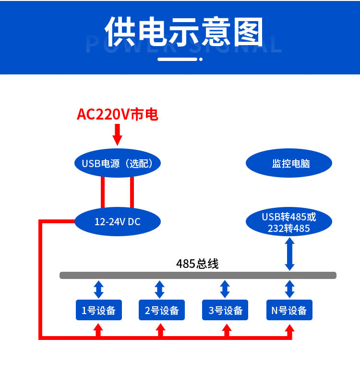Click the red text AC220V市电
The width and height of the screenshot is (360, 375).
118,114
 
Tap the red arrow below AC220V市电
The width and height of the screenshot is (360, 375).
117,134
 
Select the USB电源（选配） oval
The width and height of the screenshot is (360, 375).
117,163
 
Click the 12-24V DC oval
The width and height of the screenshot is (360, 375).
117,222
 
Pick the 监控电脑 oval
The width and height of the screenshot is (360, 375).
289,163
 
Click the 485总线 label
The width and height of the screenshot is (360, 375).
197,264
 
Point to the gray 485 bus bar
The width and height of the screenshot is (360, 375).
198,275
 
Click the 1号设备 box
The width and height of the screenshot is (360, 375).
98,310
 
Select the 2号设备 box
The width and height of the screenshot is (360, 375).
162,310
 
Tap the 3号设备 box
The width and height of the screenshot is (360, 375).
225,310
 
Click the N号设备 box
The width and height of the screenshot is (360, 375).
289,310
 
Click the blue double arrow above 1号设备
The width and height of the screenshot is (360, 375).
98,290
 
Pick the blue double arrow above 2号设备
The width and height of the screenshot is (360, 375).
160,290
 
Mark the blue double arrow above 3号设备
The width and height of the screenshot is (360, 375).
225,290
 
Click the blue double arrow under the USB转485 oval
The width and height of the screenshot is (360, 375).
289,254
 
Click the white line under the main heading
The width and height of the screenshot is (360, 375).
178,60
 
